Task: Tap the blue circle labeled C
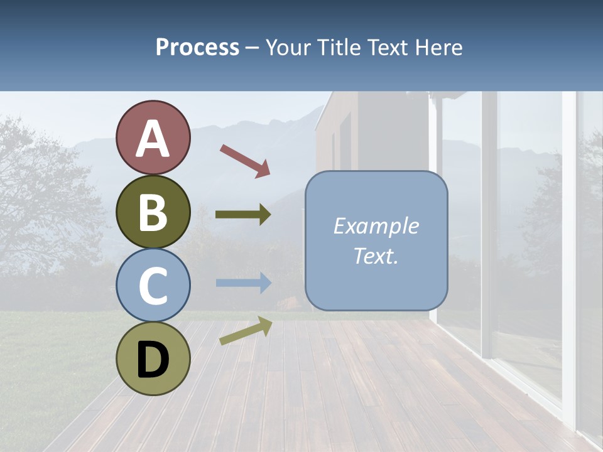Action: tap(153, 286)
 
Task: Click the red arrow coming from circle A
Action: tap(244, 160)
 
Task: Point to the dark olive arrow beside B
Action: tap(243, 215)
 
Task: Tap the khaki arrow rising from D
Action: tap(246, 331)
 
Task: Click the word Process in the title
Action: tap(197, 47)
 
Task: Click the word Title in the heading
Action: tap(339, 47)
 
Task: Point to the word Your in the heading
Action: tap(290, 47)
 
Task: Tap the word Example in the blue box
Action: tap(376, 226)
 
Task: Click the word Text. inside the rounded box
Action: tap(376, 256)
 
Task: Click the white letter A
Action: tap(153, 139)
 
